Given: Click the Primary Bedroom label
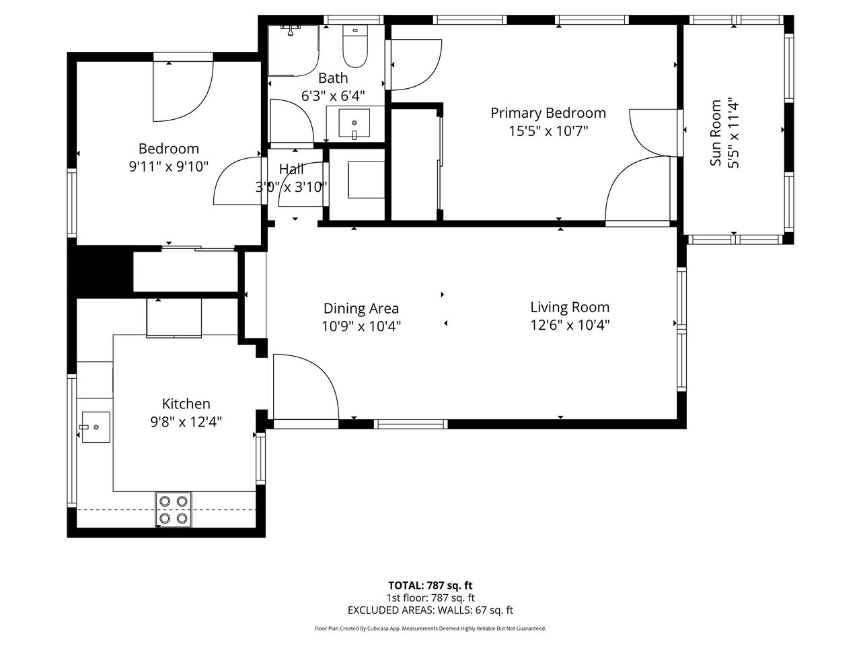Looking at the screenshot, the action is click(x=548, y=113).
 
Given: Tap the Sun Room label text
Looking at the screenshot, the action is click(x=716, y=133).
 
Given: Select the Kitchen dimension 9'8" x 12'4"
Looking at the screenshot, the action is click(x=186, y=422).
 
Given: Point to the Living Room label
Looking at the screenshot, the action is click(x=570, y=307).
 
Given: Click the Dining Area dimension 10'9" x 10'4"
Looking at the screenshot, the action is click(x=361, y=326).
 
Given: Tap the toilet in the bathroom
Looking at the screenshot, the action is click(x=355, y=46).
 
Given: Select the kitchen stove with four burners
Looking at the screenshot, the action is click(x=174, y=510).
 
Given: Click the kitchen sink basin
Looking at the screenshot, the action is click(x=96, y=427).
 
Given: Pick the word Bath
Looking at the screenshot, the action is click(x=333, y=78).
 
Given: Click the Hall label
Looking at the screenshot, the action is click(x=291, y=170).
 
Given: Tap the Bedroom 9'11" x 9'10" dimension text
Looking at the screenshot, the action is click(x=169, y=167).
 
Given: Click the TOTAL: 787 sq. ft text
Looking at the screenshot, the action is click(x=430, y=585).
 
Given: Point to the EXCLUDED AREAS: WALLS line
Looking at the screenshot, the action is click(x=430, y=610).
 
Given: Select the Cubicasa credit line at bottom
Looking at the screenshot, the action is click(x=430, y=629).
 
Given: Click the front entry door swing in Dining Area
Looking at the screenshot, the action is click(x=306, y=386).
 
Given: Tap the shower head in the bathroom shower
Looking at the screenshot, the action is click(x=291, y=30).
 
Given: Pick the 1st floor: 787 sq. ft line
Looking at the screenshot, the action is click(x=430, y=598).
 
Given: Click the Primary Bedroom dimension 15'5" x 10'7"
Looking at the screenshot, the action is click(x=548, y=131).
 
